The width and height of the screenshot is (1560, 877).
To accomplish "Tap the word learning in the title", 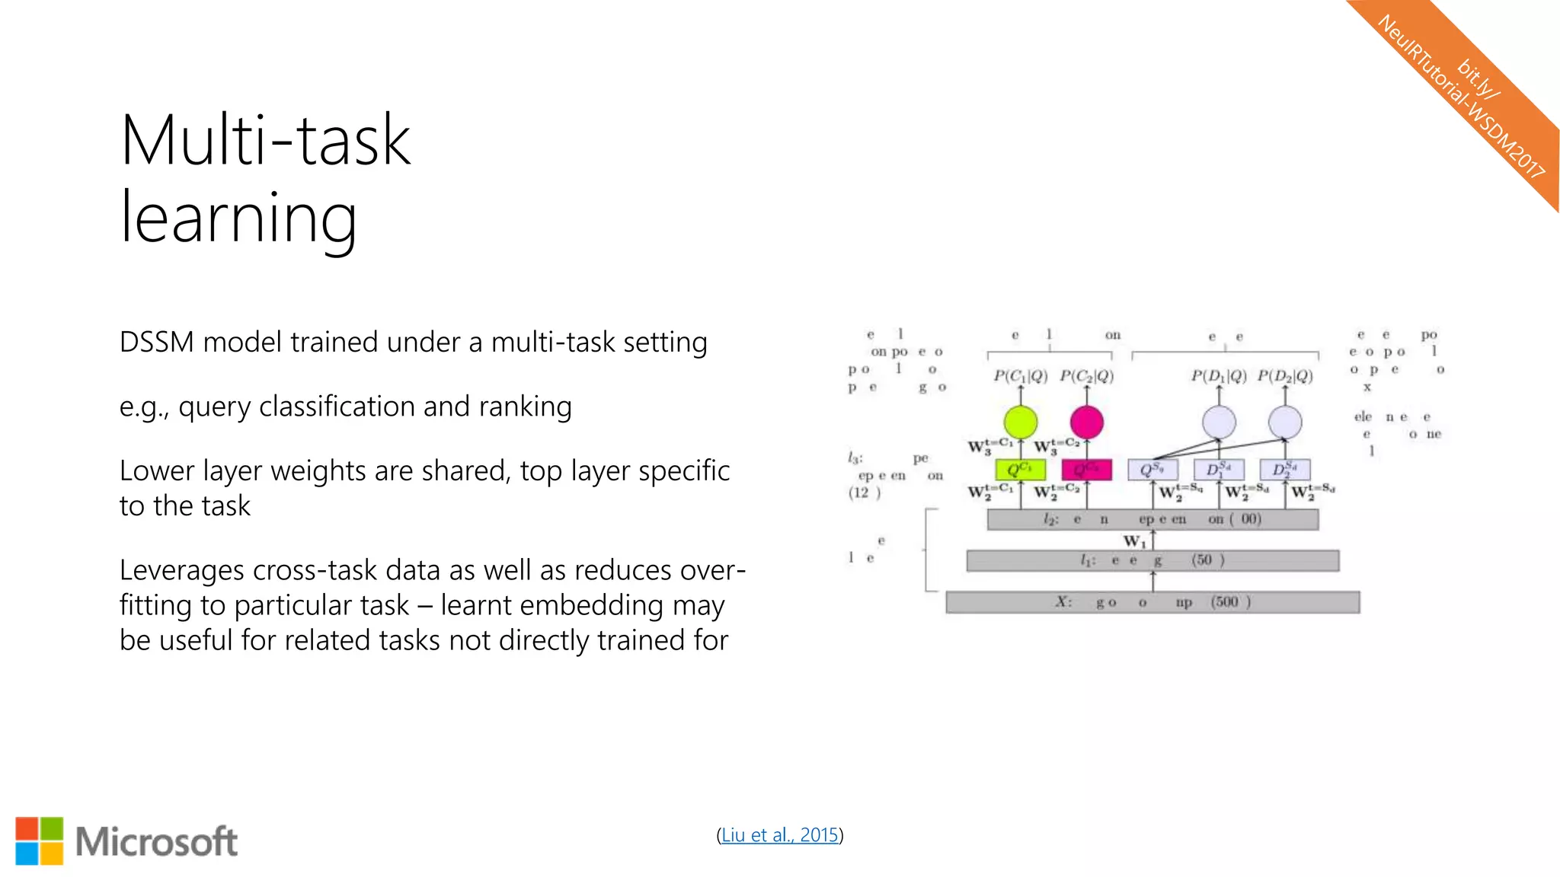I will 238,218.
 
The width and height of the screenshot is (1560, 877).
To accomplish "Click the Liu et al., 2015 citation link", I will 779,835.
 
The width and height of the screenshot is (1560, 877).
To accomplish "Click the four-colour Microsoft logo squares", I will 40,841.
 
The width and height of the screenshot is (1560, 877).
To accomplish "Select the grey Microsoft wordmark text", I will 156,842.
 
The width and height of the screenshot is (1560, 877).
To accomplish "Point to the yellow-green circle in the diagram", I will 1020,423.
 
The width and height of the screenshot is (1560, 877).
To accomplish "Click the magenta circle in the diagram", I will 1086,423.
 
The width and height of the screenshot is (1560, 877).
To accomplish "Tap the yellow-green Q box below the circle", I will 1020,470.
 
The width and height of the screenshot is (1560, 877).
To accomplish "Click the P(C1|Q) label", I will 1020,376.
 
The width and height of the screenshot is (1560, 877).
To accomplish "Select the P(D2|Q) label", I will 1285,376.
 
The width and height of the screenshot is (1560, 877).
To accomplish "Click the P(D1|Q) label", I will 1219,376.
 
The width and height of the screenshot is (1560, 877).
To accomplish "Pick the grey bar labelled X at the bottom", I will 1152,602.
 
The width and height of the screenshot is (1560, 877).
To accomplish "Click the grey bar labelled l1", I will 1152,561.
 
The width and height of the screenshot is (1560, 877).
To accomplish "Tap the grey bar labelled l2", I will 1152,519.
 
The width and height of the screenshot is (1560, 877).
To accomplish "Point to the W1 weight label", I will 1134,541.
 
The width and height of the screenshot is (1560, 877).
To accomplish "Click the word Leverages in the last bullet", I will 183,570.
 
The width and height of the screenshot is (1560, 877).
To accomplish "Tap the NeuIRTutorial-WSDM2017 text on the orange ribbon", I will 1460,97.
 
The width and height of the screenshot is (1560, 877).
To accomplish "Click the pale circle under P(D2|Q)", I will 1285,423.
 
